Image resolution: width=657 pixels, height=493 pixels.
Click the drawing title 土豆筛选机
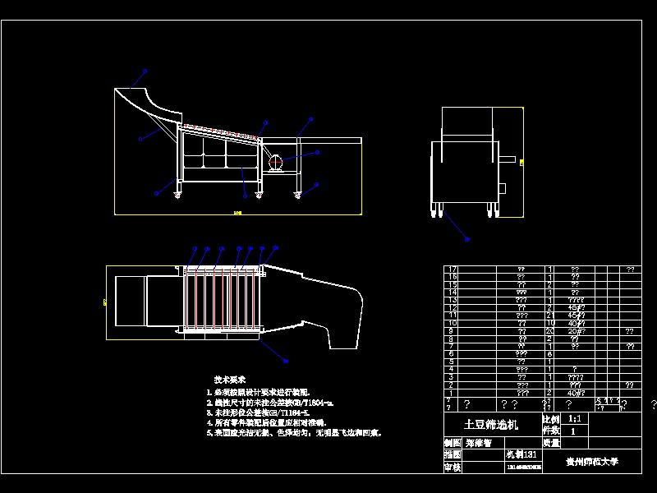[x=492, y=425]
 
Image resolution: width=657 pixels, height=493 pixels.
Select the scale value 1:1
[x=579, y=418]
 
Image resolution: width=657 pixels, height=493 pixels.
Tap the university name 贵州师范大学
[x=591, y=462]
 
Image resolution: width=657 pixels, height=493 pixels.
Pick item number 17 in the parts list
[x=450, y=269]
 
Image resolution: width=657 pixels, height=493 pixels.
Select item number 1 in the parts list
[x=450, y=393]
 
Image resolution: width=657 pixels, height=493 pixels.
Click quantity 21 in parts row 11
[x=549, y=316]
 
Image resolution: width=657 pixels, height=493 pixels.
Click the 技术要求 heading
[x=230, y=380]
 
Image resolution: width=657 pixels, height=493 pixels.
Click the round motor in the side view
[x=274, y=162]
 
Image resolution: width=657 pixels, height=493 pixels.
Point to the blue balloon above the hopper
[x=145, y=71]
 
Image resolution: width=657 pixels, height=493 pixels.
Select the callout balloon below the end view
[x=467, y=239]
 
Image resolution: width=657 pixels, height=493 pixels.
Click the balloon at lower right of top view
[x=285, y=360]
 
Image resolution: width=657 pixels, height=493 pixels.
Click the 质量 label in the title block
[x=551, y=442]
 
